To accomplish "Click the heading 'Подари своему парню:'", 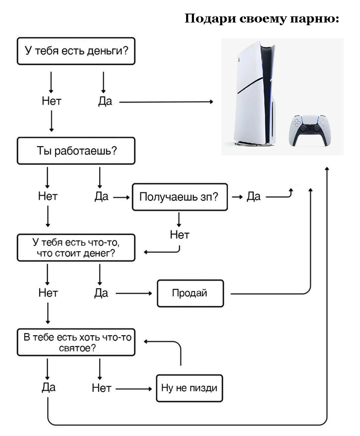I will [261, 20].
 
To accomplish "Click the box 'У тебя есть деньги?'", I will [76, 51].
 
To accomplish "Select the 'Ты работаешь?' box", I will [76, 150].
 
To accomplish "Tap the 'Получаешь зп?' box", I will [179, 197].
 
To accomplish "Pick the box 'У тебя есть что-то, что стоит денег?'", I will [76, 248].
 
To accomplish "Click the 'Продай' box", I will [190, 293].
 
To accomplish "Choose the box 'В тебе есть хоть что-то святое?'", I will [76, 342].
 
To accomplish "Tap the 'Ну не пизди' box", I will [189, 388].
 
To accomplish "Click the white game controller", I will [309, 130].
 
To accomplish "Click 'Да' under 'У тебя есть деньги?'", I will [105, 101].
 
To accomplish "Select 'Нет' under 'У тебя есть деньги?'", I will [51, 101].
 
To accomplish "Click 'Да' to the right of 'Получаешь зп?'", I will [254, 196].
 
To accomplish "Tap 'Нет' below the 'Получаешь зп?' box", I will [179, 235].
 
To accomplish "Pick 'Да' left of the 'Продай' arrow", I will [101, 293].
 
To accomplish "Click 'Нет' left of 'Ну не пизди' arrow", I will [101, 388].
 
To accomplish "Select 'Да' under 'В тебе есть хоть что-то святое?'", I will [48, 387].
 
